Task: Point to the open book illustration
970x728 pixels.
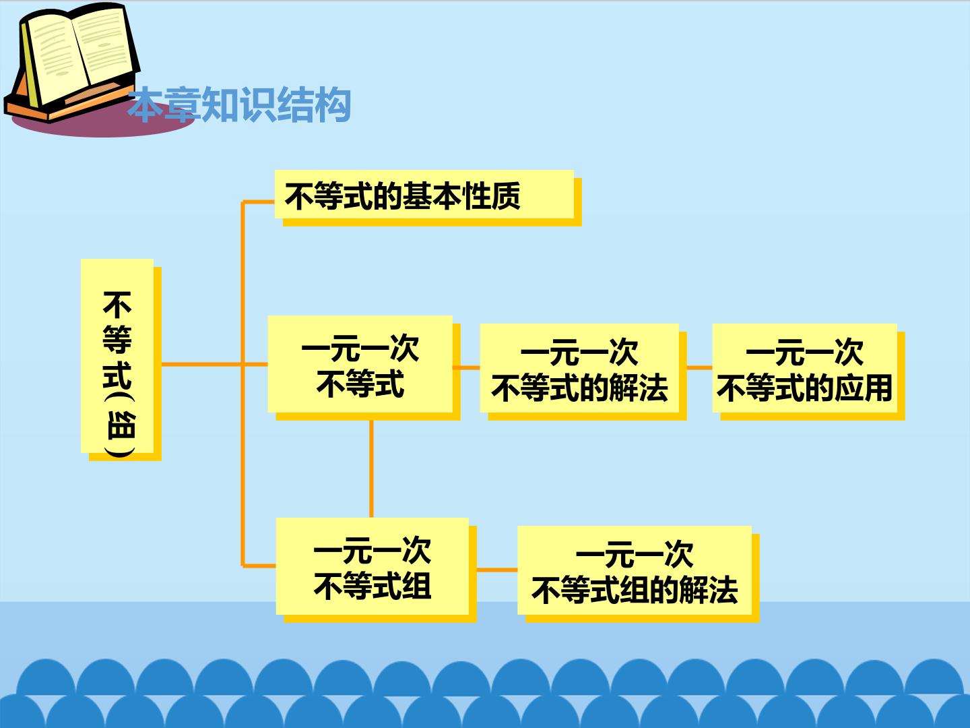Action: pos(72,62)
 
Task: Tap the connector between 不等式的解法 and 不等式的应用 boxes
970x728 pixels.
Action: pos(700,367)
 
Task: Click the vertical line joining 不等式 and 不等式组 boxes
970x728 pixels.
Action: pos(371,469)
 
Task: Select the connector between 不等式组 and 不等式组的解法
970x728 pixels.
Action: pos(497,570)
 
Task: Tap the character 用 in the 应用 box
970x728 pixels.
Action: pos(878,388)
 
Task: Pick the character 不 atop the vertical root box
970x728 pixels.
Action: pos(117,305)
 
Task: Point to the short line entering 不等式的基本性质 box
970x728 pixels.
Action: pos(259,202)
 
